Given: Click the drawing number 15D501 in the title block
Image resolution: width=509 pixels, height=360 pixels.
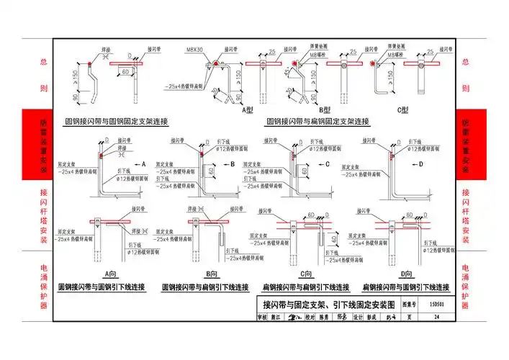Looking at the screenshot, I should click(432, 305).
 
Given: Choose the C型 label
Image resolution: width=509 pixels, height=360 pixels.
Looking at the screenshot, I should click(402, 109).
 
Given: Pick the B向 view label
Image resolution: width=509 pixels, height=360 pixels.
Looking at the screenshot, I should click(212, 274).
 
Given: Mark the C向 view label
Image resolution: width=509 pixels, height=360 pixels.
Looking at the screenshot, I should click(306, 274).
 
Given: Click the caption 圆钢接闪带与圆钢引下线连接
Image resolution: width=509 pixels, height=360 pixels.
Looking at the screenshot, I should click(112, 286).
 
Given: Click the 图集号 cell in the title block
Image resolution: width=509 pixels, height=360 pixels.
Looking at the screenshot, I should click(410, 305).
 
